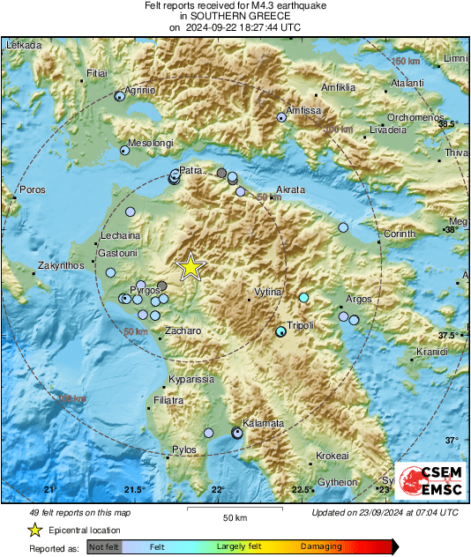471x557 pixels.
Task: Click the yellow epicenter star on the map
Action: coord(190,266)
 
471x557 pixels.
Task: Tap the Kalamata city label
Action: coord(264,423)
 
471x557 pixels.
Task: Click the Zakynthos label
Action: coord(61,265)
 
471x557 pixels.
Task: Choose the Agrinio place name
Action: coord(138,90)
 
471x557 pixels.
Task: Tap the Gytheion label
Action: coord(336,482)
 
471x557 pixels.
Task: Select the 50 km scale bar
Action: coord(234,510)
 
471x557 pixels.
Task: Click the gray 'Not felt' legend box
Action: coord(104,546)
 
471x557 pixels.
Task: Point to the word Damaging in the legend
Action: coord(322,546)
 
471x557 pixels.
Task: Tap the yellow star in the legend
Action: coord(34,530)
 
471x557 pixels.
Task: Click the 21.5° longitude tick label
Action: coord(133,489)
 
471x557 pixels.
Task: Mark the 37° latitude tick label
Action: coord(451,440)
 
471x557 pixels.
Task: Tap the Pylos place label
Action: coord(184,449)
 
